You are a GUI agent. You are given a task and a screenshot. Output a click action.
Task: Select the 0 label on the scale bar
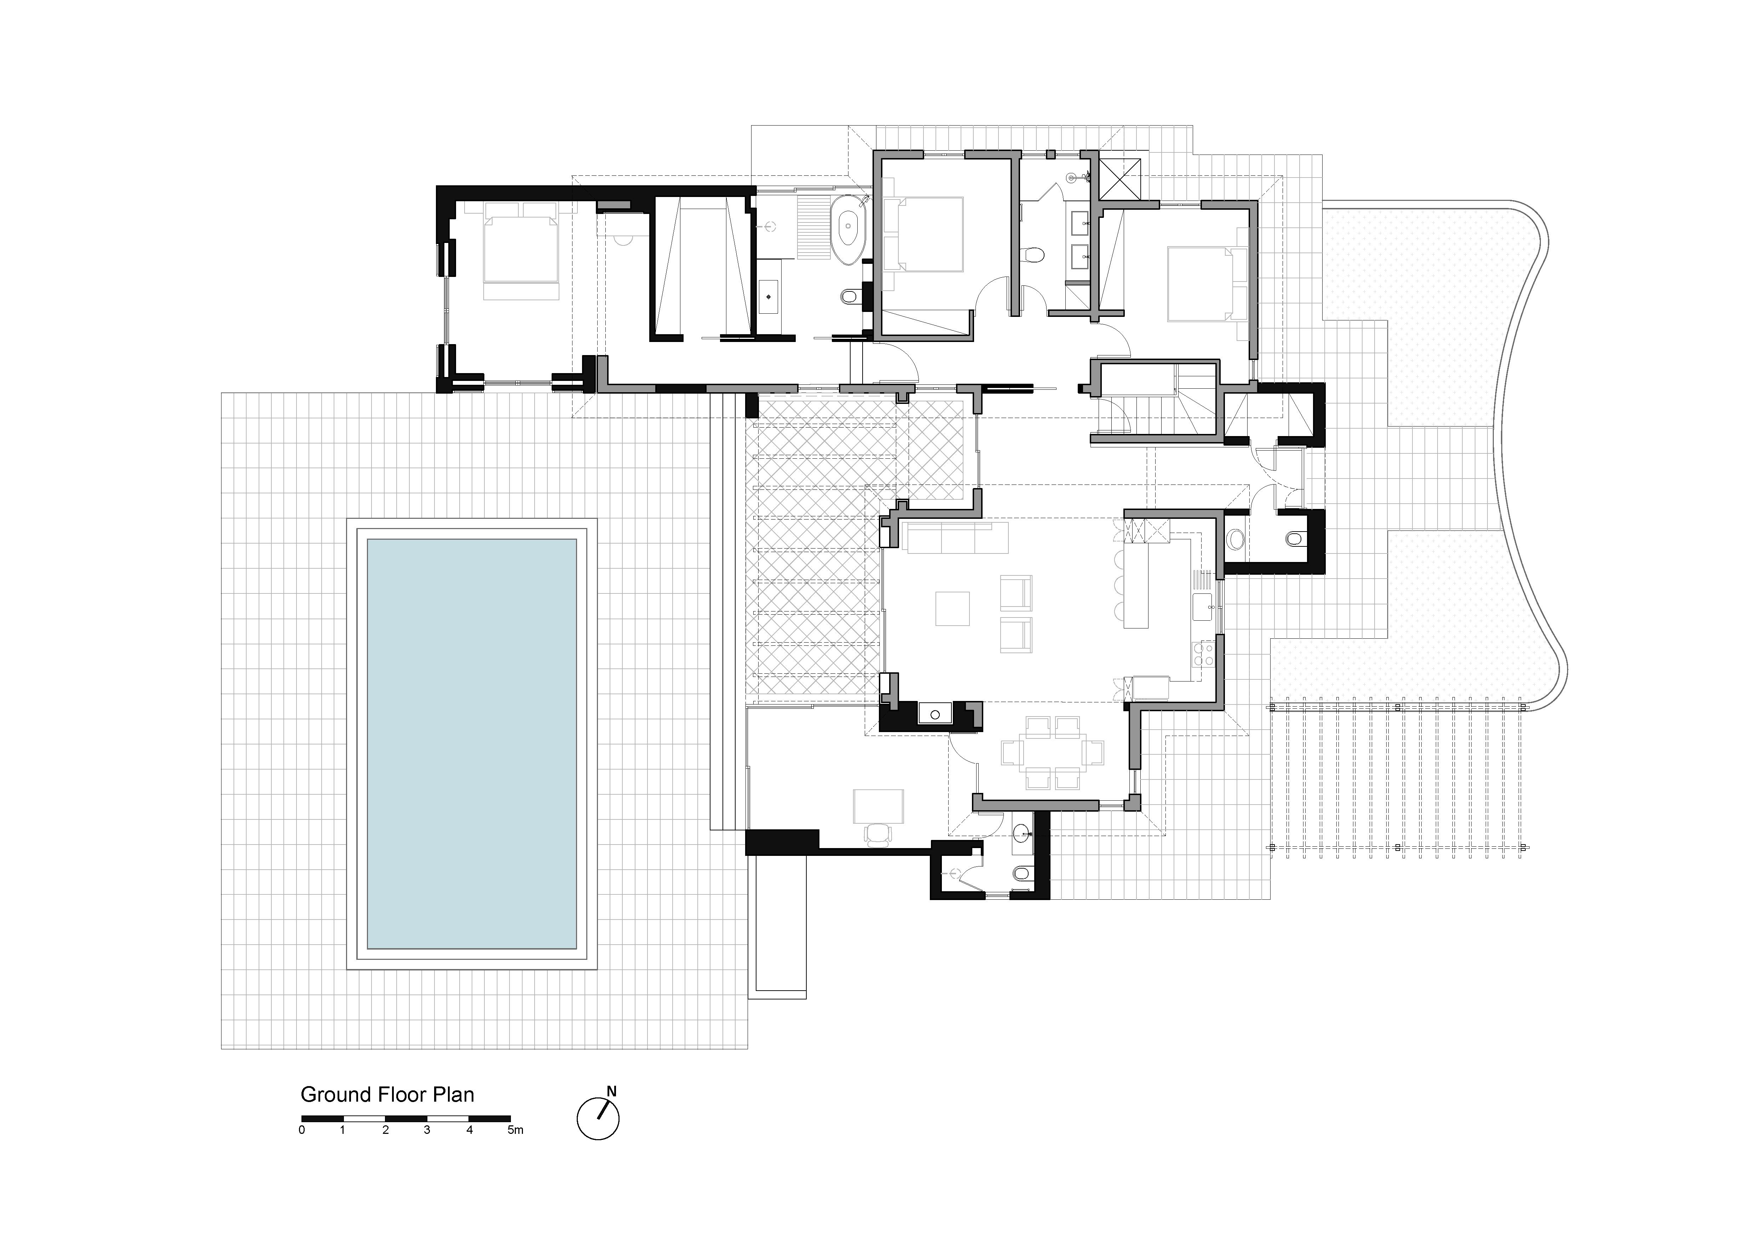coord(302,1130)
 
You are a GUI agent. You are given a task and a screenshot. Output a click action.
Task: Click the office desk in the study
coord(878,805)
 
